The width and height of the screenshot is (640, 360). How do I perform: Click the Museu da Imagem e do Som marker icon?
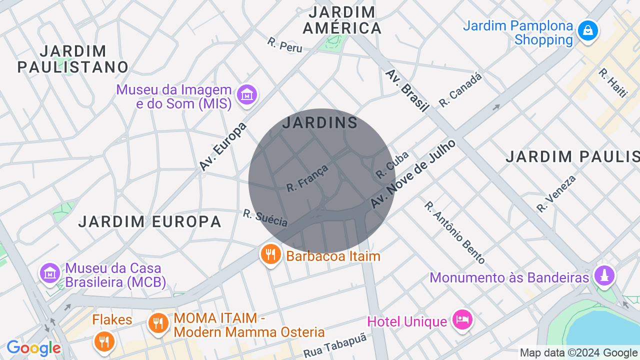[x=247, y=94]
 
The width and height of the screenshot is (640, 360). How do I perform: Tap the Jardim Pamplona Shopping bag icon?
[x=587, y=31]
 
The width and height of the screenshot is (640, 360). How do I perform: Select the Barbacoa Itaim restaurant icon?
[x=270, y=255]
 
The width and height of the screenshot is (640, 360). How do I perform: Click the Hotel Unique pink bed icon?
[x=462, y=319]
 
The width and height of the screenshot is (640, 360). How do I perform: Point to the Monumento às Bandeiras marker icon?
[x=604, y=275]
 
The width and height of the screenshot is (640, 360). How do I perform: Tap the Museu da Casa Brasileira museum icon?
[x=49, y=273]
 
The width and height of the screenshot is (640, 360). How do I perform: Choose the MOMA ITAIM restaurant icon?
[x=158, y=323]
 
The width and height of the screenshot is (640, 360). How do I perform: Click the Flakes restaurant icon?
[x=104, y=342]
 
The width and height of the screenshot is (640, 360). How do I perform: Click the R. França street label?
[x=307, y=178]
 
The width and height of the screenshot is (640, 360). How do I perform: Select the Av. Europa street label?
[x=223, y=146]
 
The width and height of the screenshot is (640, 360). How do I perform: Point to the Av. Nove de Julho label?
[x=413, y=174]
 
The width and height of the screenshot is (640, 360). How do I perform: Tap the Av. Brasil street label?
[x=407, y=90]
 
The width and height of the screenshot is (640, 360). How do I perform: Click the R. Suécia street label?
[x=265, y=217]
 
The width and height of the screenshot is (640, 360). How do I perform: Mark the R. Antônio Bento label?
[x=454, y=232]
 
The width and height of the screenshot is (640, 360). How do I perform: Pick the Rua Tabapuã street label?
[x=334, y=345]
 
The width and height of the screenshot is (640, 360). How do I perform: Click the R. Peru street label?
[x=285, y=44]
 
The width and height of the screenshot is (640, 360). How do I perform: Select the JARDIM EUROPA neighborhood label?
[x=149, y=221]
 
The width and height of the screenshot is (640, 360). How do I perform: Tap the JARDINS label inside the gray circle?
[x=320, y=122]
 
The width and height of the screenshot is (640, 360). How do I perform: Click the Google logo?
[x=33, y=348]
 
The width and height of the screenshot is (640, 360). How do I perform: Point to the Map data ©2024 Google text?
[x=578, y=353]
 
